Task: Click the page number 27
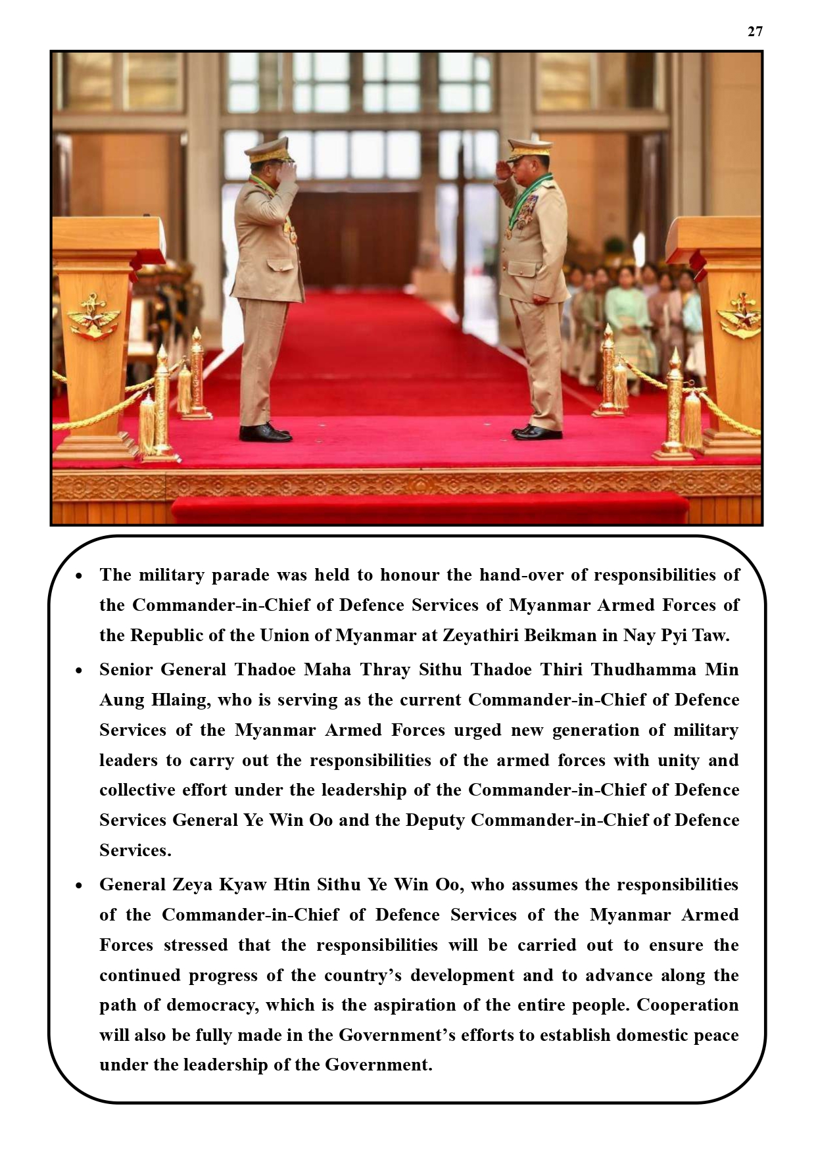(x=755, y=32)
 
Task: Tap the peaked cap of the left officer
(x=268, y=149)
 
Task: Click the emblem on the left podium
(x=95, y=316)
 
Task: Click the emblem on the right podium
(x=740, y=315)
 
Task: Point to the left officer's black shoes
(x=265, y=432)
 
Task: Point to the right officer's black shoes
(x=537, y=432)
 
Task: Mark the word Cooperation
(x=688, y=1005)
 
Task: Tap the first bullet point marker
(x=80, y=576)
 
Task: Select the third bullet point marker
(x=80, y=886)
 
